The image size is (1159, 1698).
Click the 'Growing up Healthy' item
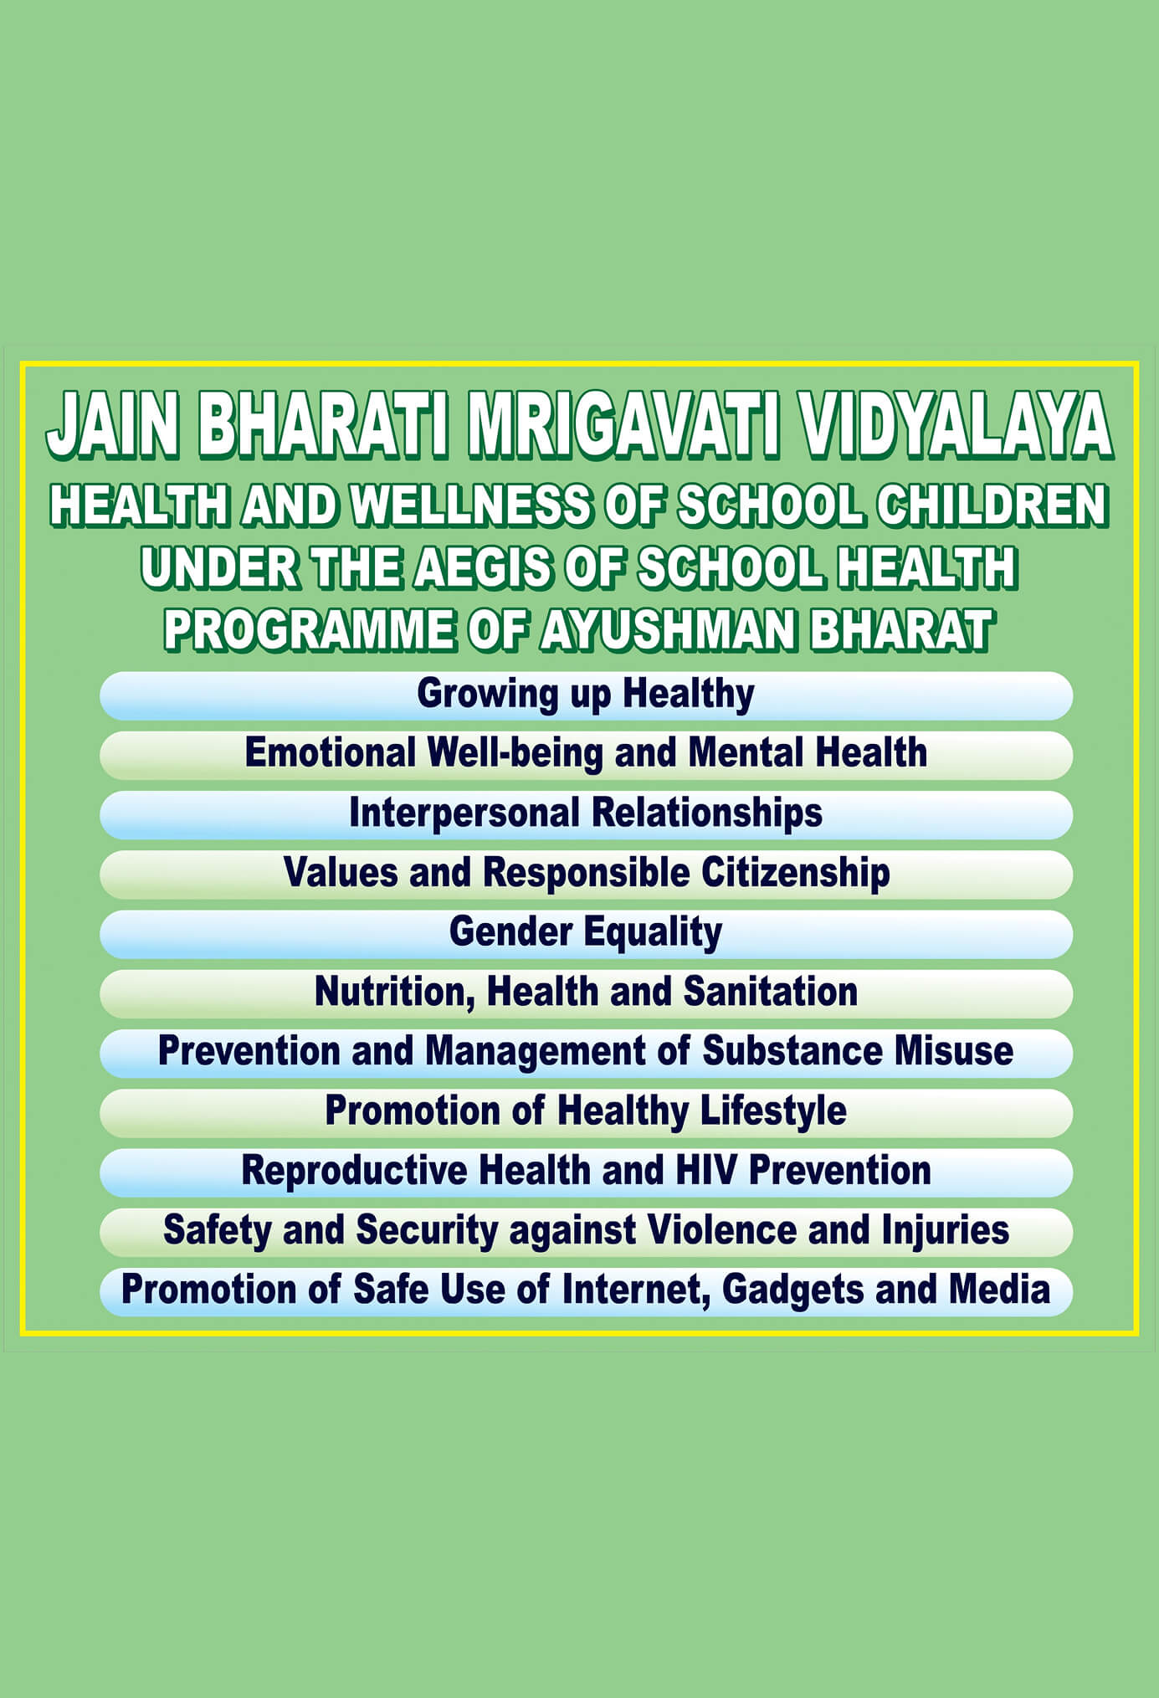[x=586, y=695]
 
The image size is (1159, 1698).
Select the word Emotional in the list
[x=330, y=752]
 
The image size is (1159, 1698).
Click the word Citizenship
[x=796, y=873]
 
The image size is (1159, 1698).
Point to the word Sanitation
[x=771, y=992]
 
